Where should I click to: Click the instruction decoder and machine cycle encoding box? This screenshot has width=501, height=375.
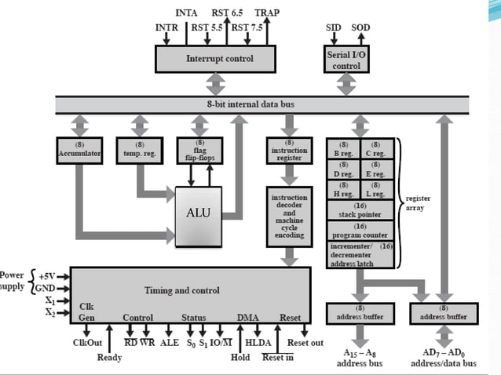290,215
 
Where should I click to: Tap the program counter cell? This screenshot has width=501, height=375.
361,231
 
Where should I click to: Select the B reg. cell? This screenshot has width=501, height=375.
344,149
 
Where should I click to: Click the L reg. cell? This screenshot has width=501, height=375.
378,189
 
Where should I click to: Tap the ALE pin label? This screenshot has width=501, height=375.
169,342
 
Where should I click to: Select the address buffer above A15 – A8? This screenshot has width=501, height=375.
360,313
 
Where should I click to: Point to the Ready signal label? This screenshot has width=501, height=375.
109,358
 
